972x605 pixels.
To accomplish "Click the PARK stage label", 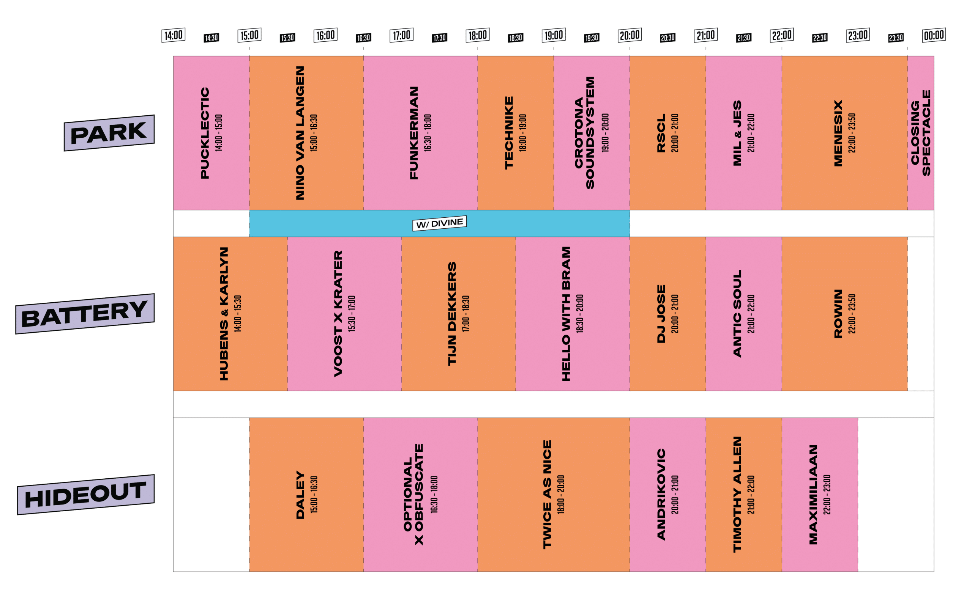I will tap(109, 133).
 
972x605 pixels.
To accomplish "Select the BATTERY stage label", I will tap(85, 314).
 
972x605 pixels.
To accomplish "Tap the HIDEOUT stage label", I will tap(86, 495).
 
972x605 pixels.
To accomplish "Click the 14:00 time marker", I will tap(173, 35).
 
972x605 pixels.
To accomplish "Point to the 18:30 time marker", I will tap(516, 38).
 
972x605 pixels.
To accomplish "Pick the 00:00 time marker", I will tap(934, 35).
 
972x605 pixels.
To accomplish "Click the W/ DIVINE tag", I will tap(439, 223).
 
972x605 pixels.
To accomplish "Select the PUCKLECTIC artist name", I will tap(205, 133).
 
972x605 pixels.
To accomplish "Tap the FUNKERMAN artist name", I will tap(414, 133).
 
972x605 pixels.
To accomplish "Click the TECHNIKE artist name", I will tap(509, 133).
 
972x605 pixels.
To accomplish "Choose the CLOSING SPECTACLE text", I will tap(921, 133).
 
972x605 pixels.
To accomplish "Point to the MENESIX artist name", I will tap(838, 133).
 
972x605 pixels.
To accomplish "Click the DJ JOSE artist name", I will tap(661, 314).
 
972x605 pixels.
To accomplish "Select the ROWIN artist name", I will tap(838, 314).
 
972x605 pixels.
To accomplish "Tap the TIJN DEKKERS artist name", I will tap(452, 314).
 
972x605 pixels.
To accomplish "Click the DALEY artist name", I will tap(300, 495).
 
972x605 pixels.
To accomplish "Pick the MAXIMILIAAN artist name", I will tap(813, 495).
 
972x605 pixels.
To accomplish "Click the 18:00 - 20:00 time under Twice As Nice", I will tap(561, 495).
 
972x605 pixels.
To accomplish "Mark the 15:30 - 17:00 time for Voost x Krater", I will tap(352, 314).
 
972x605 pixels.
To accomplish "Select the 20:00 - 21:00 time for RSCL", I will tap(675, 133).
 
